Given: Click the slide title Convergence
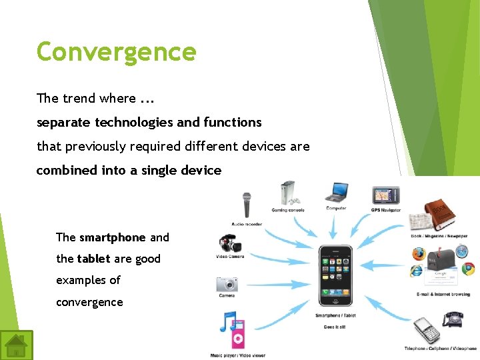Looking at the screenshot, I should pyautogui.click(x=116, y=52).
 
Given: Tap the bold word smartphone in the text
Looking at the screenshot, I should pyautogui.click(x=112, y=237).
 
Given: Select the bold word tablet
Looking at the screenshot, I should pyautogui.click(x=93, y=259).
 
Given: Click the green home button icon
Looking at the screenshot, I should pyautogui.click(x=16, y=345).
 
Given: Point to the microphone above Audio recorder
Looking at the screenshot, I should pyautogui.click(x=247, y=204).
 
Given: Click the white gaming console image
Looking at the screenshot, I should pyautogui.click(x=288, y=193).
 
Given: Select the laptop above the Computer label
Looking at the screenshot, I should pyautogui.click(x=336, y=193).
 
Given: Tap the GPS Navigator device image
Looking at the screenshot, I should pyautogui.click(x=386, y=195).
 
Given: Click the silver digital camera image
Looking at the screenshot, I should pyautogui.click(x=227, y=285).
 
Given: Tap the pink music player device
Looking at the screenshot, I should pyautogui.click(x=238, y=339).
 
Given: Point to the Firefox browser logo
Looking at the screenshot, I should pyautogui.click(x=419, y=254).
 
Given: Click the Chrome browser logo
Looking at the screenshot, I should pyautogui.click(x=469, y=269).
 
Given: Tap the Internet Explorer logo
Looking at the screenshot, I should pyautogui.click(x=417, y=271).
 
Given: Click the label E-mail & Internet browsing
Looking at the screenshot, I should pyautogui.click(x=443, y=294).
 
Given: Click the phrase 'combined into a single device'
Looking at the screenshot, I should pyautogui.click(x=129, y=171).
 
